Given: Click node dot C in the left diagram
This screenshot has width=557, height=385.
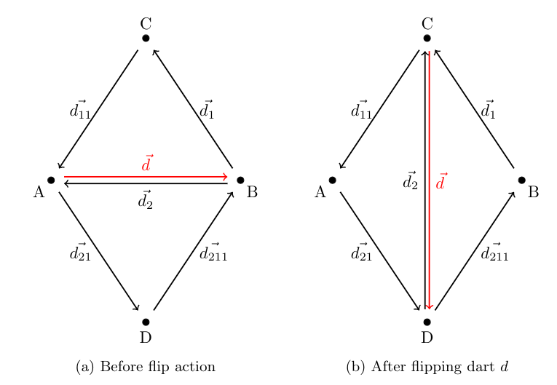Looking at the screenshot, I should [x=146, y=38].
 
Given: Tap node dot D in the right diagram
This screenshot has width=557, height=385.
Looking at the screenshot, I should [x=427, y=322].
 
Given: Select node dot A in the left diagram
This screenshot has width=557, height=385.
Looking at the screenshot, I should [x=51, y=180].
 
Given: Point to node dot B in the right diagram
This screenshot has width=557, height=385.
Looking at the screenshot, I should [x=522, y=180].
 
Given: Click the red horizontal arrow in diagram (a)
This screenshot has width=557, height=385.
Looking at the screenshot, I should [x=146, y=177].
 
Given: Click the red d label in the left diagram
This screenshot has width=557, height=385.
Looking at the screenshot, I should [x=147, y=164].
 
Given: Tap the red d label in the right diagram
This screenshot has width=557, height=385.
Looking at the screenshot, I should [x=441, y=180].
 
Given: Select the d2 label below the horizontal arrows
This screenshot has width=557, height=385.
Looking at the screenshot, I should [x=146, y=199].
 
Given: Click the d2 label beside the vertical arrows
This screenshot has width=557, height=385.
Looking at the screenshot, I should [x=411, y=180].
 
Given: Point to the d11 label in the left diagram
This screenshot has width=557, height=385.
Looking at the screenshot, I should [x=78, y=110].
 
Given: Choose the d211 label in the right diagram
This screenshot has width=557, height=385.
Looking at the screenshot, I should [x=495, y=253].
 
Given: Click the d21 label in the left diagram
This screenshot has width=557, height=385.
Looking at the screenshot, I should [x=79, y=253].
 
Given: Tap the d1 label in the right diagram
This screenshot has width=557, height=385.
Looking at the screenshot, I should [x=488, y=110].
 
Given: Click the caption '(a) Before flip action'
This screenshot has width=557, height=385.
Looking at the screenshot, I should [x=146, y=366].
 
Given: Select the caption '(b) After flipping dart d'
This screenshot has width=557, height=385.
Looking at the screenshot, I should [x=427, y=366].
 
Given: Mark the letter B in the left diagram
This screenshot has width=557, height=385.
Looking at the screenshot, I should [x=252, y=193].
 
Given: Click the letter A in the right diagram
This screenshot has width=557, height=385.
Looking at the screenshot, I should [x=320, y=193].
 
